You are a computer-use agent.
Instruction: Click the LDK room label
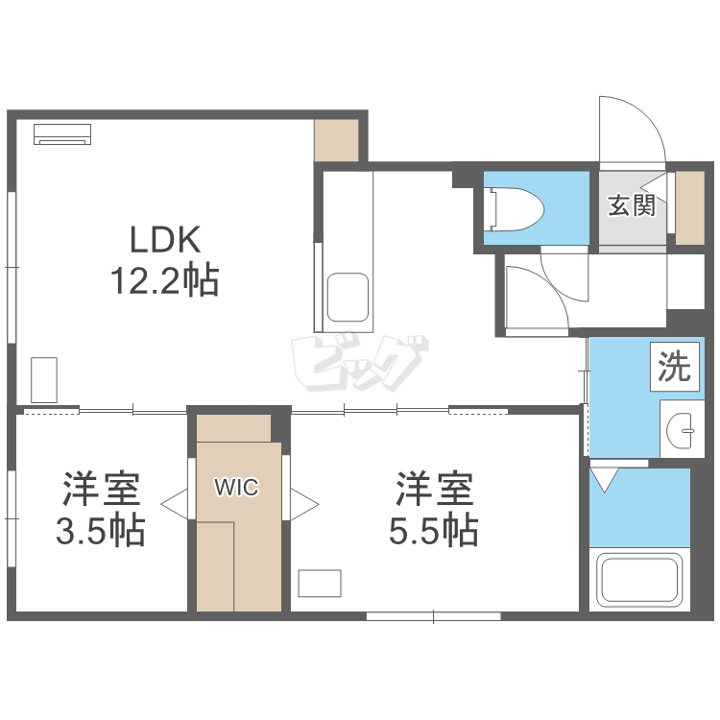click(x=165, y=239)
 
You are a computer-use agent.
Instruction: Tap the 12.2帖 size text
click(x=164, y=280)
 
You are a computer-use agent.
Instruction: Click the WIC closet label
click(x=237, y=487)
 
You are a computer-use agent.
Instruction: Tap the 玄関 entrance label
click(x=632, y=205)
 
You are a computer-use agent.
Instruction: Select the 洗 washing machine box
click(x=675, y=367)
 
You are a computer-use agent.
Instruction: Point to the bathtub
click(x=639, y=580)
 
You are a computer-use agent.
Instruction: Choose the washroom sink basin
click(x=680, y=430)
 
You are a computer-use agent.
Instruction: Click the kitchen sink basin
click(x=348, y=298)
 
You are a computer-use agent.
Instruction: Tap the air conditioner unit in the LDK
click(x=62, y=134)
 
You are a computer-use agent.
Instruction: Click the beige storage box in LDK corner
click(x=336, y=140)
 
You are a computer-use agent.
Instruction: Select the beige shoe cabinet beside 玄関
click(x=690, y=208)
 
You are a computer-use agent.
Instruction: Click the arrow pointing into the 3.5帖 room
click(x=174, y=504)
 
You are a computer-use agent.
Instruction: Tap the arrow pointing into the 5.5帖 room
click(x=304, y=504)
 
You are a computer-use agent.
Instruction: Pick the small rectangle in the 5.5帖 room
click(x=320, y=583)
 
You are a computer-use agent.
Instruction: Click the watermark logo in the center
click(x=360, y=362)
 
